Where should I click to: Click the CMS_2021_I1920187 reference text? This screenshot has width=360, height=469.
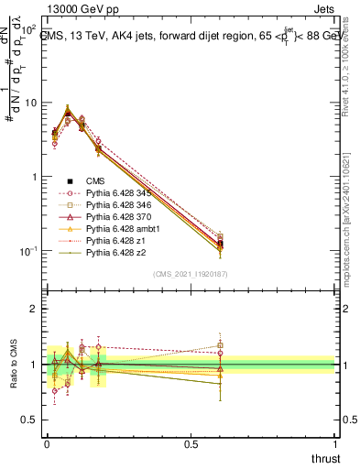[190, 275]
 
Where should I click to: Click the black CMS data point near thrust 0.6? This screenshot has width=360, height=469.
[220, 244]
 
